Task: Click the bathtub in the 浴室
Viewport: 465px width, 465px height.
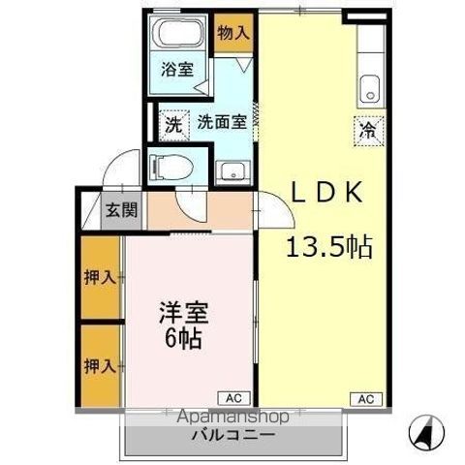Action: click(x=178, y=32)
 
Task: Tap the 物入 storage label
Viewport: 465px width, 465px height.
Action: click(x=233, y=33)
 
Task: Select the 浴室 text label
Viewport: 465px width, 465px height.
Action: click(x=177, y=69)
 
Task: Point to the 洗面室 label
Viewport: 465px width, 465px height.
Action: click(x=222, y=122)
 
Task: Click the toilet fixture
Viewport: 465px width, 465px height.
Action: click(x=172, y=168)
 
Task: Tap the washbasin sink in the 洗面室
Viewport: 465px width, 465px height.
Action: click(x=233, y=171)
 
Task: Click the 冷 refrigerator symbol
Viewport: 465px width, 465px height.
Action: click(x=369, y=132)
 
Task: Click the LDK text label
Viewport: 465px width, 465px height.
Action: click(x=326, y=192)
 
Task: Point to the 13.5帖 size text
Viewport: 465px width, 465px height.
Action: click(x=329, y=247)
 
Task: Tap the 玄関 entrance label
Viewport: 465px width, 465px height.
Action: click(x=121, y=210)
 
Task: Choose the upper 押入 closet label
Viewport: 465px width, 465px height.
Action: click(x=100, y=277)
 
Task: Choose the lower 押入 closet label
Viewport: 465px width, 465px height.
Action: click(x=100, y=366)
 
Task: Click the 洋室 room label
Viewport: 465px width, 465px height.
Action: click(x=183, y=313)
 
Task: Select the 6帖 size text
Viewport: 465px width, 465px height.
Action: click(x=183, y=338)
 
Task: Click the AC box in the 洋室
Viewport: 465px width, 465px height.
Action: click(x=234, y=398)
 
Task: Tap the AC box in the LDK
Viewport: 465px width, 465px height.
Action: click(x=366, y=399)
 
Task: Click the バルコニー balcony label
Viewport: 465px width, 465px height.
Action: click(x=233, y=435)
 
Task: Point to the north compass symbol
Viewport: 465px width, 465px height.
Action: click(x=426, y=432)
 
